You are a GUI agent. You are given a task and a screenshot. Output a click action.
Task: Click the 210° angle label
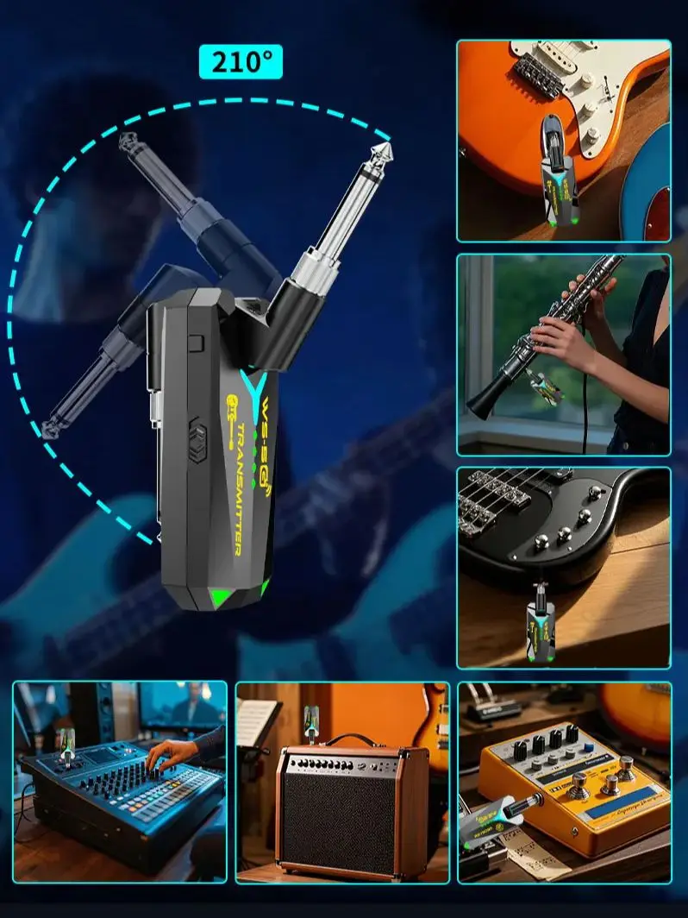click(x=241, y=61)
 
